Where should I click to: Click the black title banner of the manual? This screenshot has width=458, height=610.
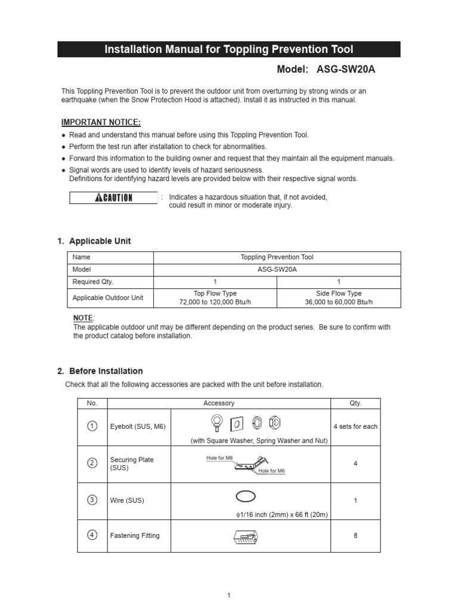tap(229, 49)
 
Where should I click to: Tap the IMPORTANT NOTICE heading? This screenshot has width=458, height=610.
tap(101, 123)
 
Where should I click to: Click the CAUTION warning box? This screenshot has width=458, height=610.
tap(113, 198)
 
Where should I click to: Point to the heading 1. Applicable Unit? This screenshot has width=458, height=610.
tap(94, 241)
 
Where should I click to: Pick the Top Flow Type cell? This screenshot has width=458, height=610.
tap(215, 298)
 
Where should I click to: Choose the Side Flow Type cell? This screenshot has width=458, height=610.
tap(338, 298)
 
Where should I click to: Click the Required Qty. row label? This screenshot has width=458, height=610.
tap(92, 282)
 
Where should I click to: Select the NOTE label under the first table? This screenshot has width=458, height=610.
tap(83, 318)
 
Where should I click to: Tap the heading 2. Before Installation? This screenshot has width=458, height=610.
tap(100, 371)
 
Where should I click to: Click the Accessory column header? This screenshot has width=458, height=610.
tap(218, 403)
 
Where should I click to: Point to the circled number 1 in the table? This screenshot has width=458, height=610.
tap(92, 426)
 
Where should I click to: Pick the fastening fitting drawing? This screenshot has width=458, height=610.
tap(245, 539)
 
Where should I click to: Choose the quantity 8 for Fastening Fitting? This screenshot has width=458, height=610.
tap(355, 536)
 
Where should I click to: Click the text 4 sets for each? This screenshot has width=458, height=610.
tap(355, 427)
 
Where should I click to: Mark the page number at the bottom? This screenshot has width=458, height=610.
tap(228, 595)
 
